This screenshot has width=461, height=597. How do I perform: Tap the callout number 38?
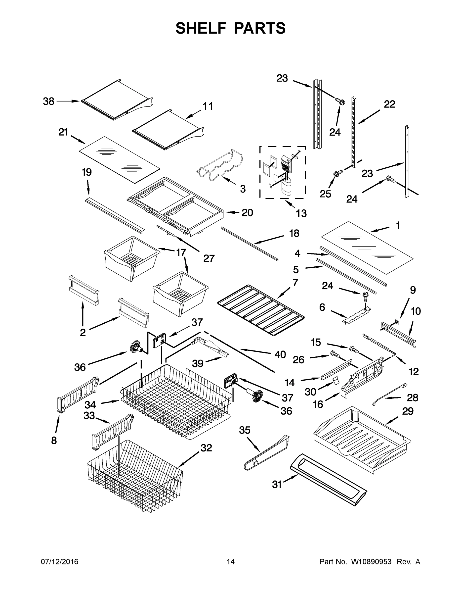point(49,101)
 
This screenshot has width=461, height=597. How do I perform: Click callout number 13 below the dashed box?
point(301,213)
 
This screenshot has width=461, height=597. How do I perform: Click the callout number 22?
point(389,104)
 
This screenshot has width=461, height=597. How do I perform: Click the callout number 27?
point(209,258)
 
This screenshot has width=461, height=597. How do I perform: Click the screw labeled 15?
point(353,349)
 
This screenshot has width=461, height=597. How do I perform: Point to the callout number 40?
point(280,354)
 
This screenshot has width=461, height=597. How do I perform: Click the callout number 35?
point(245,430)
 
